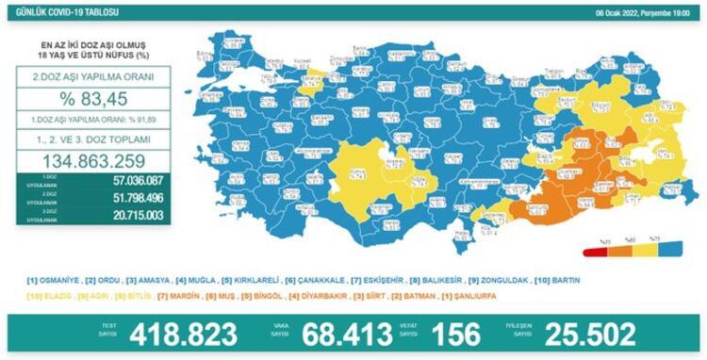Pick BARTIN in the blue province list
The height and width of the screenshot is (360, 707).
click(562, 281)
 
